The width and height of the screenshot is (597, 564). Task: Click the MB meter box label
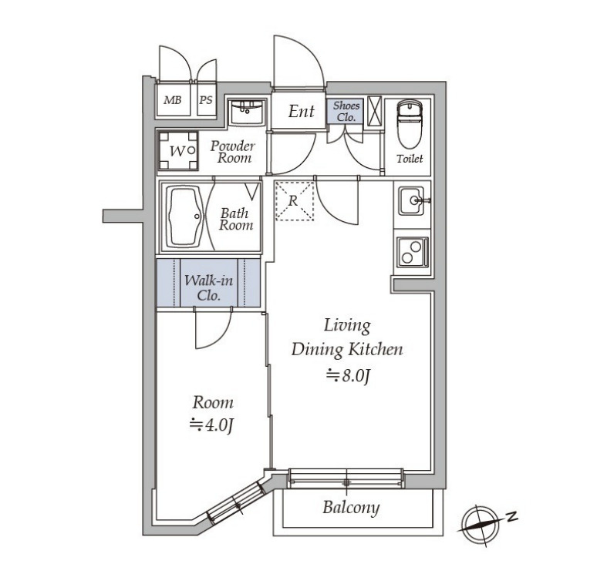pos(173,100)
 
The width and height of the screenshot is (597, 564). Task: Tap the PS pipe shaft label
pos(206,100)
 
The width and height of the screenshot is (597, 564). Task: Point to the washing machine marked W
pos(178,150)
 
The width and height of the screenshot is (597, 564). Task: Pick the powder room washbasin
pos(247,112)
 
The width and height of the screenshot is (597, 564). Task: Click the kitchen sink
pos(411,200)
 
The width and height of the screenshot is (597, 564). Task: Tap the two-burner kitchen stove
pos(413,252)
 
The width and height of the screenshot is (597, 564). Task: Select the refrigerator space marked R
pos(295,201)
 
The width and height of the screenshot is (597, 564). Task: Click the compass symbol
pos(481,525)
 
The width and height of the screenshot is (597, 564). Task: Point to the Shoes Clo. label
pos(346,112)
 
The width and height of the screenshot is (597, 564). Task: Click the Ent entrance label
pos(301,112)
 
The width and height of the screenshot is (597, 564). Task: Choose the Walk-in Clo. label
pos(209,288)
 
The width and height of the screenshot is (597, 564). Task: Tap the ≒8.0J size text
pos(349,376)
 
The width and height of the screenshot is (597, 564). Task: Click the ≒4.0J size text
pos(211,425)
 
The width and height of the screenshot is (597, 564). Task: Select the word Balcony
pos(351,508)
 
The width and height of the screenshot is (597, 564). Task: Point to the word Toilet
pos(410,159)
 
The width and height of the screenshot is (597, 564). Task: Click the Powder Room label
pos(233,152)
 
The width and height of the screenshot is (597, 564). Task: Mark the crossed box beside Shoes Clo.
pos(374,111)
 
